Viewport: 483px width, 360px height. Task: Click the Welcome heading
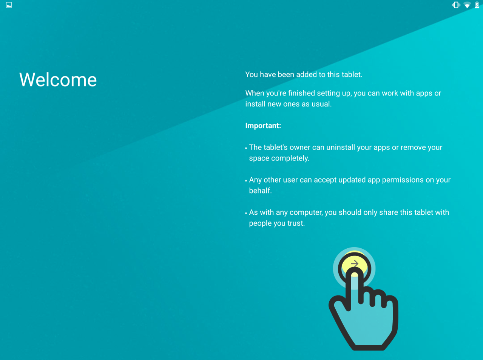tap(58, 80)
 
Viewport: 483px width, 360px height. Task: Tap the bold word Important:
tap(263, 126)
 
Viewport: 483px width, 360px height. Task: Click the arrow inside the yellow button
tap(355, 263)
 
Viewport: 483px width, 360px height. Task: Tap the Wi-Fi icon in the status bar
tap(467, 5)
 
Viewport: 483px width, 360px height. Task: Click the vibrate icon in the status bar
tap(456, 5)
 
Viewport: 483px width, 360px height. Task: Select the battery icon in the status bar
tap(477, 5)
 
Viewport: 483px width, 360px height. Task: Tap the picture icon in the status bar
tap(9, 5)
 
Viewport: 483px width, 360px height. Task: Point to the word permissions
tap(403, 180)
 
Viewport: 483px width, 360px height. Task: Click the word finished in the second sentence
tap(301, 93)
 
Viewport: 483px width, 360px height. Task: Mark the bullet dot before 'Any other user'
tap(246, 181)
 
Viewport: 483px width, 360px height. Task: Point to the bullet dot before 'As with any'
tap(246, 214)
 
